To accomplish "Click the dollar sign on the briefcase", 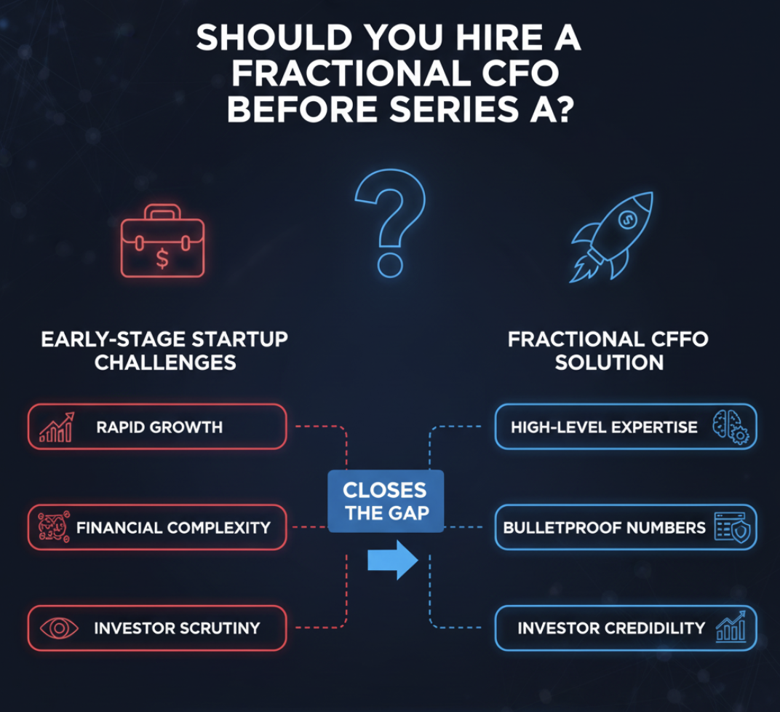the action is [x=162, y=258].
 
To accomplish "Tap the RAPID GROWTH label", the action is [x=159, y=427].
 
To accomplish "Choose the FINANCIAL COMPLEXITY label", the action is [x=173, y=528].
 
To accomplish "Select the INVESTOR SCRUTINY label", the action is [x=177, y=628].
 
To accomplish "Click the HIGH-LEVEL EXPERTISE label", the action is [x=604, y=427].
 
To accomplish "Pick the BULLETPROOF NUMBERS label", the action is [x=605, y=528].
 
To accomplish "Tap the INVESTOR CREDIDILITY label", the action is [x=611, y=628].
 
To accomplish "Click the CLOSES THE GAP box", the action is [x=386, y=502].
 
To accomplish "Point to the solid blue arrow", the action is [x=392, y=561].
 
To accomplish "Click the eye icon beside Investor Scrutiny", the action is [x=59, y=628].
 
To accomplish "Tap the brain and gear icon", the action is [x=731, y=427].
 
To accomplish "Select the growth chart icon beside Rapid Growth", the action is [x=57, y=427].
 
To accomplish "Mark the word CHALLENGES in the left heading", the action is [x=165, y=363].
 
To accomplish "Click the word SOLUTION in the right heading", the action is [x=610, y=363].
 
